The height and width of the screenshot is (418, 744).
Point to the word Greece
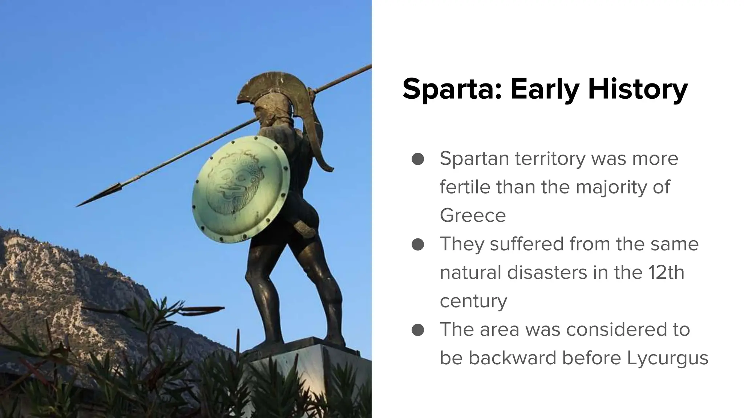[473, 216]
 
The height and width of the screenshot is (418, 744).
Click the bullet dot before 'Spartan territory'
[418, 159]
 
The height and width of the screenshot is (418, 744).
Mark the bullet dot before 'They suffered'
[418, 244]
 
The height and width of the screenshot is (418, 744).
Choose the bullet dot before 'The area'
[418, 330]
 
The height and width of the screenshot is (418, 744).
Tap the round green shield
[240, 189]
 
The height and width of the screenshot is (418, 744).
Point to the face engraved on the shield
[232, 185]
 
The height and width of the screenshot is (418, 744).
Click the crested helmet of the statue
[276, 94]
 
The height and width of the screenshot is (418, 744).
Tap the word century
[473, 301]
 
